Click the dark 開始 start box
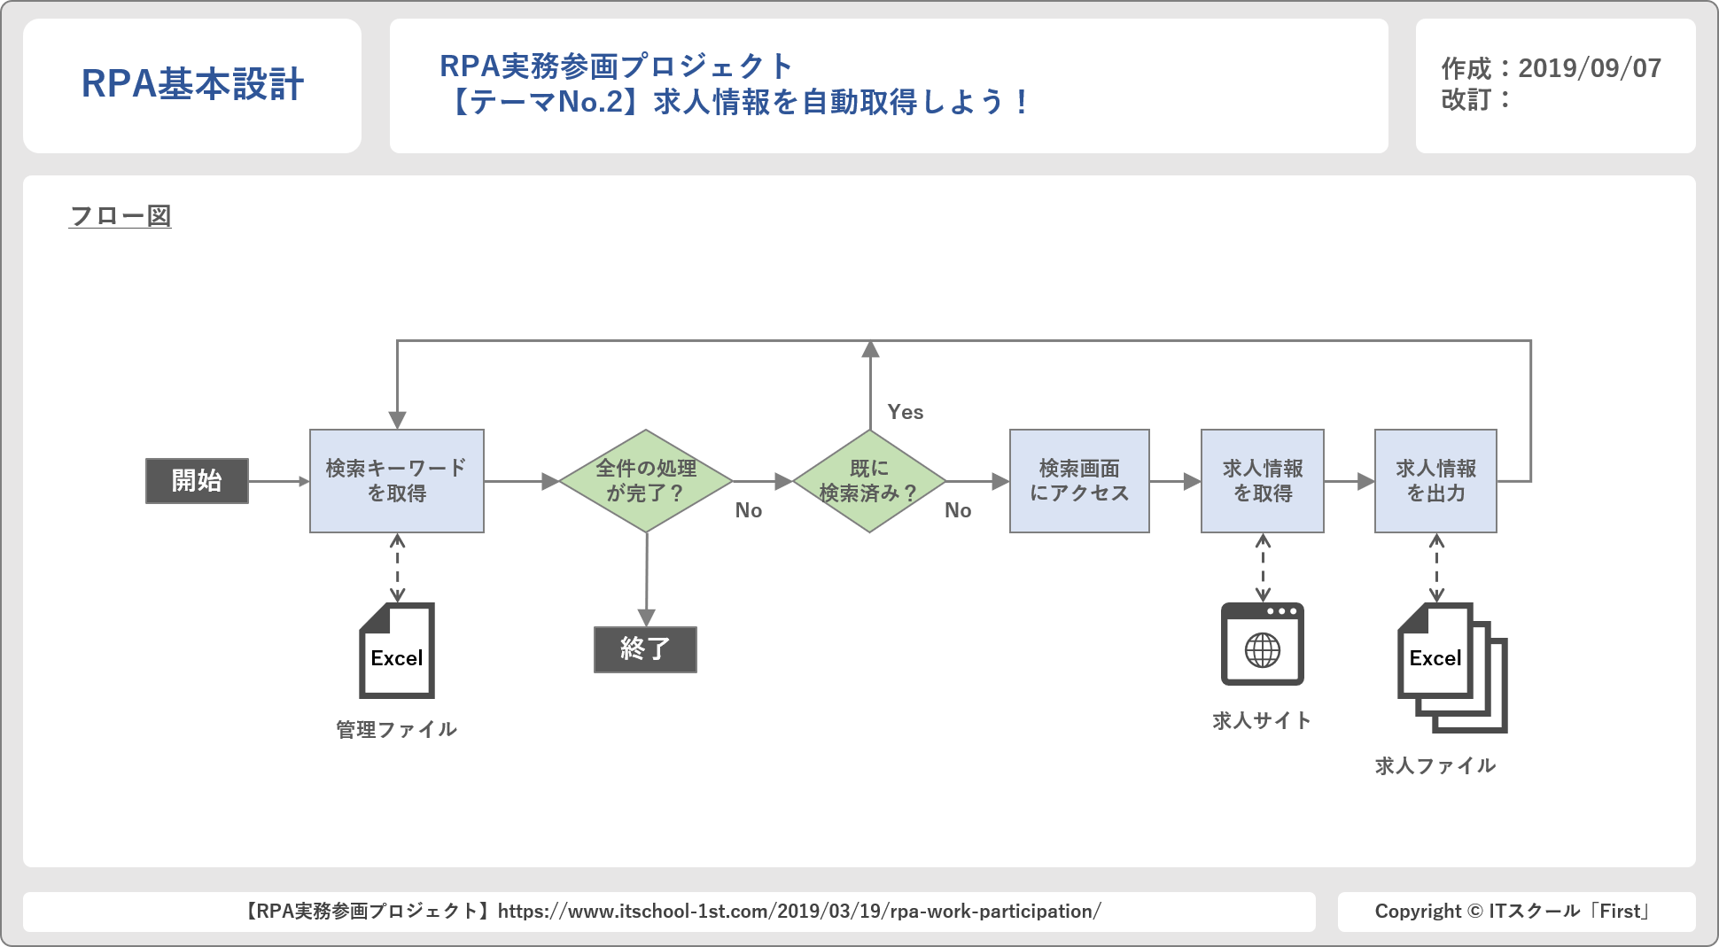click(x=197, y=481)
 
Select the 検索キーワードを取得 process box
click(x=397, y=481)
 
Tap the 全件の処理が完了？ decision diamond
click(x=646, y=481)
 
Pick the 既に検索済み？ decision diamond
click(x=869, y=481)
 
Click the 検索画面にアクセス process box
click(x=1079, y=481)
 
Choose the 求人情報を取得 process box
click(x=1263, y=481)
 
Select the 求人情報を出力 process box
click(x=1435, y=481)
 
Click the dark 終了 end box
click(x=645, y=649)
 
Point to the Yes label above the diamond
click(x=906, y=412)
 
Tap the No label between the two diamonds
click(x=749, y=510)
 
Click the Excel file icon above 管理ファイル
click(x=397, y=651)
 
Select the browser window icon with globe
click(x=1263, y=644)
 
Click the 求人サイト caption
click(x=1262, y=721)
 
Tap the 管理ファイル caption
click(x=397, y=730)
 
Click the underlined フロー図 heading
click(x=120, y=216)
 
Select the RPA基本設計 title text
click(x=192, y=84)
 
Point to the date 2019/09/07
click(x=1590, y=68)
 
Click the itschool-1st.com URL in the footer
click(x=799, y=912)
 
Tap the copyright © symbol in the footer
click(x=1474, y=912)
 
